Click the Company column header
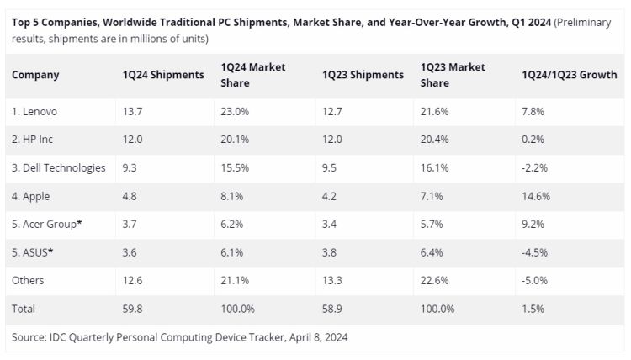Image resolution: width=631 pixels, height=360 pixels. click(x=35, y=75)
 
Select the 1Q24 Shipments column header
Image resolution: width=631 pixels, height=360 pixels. click(x=163, y=75)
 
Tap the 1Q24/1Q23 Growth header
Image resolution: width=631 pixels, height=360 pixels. click(x=570, y=75)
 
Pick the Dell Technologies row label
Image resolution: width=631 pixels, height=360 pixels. click(x=59, y=167)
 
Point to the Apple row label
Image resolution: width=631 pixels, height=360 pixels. click(x=31, y=196)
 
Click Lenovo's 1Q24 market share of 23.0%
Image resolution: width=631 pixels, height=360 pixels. click(x=235, y=111)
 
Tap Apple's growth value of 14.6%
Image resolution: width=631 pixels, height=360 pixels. click(x=537, y=196)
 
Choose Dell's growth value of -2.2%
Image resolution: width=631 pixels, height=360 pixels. click(x=535, y=167)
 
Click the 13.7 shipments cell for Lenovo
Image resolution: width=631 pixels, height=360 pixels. click(x=133, y=111)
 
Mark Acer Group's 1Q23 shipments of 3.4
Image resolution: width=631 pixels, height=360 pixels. click(x=331, y=225)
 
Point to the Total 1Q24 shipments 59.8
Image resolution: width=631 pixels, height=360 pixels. click(x=133, y=309)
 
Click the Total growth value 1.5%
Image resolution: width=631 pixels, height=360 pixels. click(x=533, y=309)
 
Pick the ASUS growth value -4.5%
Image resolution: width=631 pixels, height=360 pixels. click(x=535, y=252)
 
